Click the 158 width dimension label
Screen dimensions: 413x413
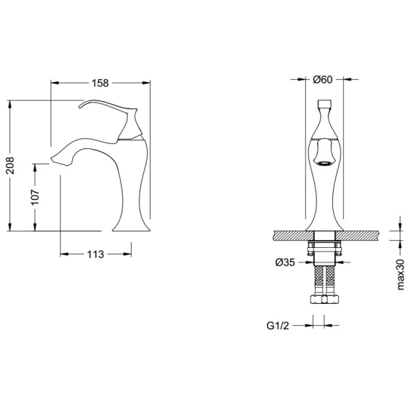[100, 83]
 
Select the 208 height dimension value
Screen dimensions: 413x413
[10, 165]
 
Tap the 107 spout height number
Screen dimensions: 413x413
[35, 197]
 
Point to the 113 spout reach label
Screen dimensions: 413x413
[95, 254]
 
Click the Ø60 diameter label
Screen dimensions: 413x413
[323, 79]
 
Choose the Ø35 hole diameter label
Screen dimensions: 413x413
[285, 262]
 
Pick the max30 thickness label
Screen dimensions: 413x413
[400, 275]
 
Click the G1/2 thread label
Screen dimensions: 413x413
[278, 326]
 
